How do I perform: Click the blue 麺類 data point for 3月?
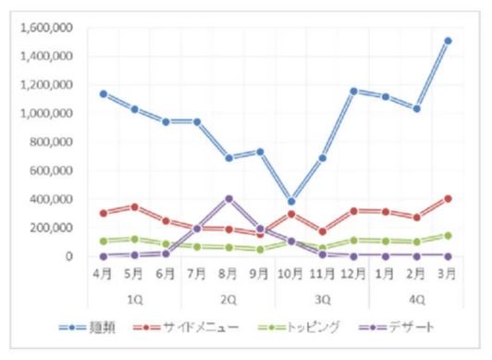pos(448,41)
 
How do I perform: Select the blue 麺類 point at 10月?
pos(291,201)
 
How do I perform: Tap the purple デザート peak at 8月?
pos(228,198)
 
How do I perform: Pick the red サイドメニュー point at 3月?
pos(448,198)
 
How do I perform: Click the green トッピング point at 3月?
pos(448,236)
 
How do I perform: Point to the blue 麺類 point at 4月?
pos(103,93)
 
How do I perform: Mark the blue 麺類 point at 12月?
pos(354,91)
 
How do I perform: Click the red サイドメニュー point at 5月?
pos(134,206)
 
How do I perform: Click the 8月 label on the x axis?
pos(228,274)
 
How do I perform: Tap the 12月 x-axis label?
pos(354,274)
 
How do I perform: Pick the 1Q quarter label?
pos(134,298)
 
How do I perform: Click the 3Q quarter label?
pos(323,298)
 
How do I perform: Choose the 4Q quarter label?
pos(416,298)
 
